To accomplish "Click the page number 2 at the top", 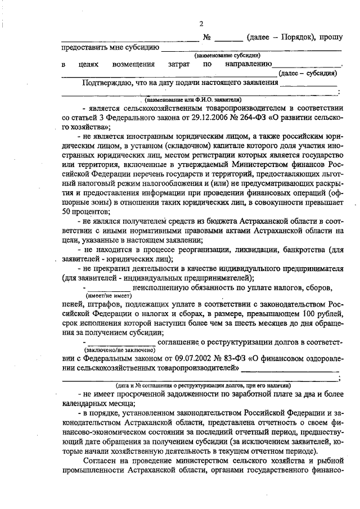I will click(x=201, y=23).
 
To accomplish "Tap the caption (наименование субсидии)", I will click(x=227, y=55).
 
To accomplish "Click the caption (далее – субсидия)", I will click(x=308, y=73).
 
